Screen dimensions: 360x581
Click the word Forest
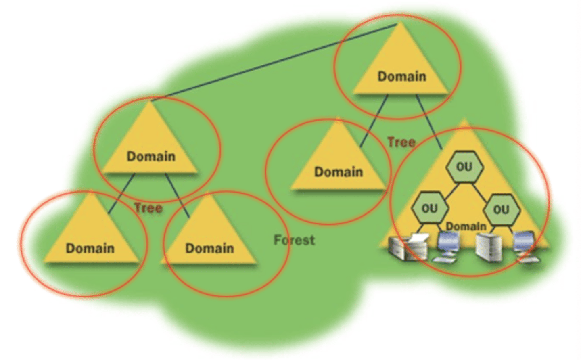pos(294,240)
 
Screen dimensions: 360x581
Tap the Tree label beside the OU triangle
pos(401,142)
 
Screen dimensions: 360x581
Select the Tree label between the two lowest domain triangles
pos(148,208)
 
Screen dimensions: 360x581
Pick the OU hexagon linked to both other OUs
pos(464,167)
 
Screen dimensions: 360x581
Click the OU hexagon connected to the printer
pos(429,209)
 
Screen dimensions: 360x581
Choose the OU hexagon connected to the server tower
pos(501,209)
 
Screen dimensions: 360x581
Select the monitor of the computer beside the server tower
pos(524,242)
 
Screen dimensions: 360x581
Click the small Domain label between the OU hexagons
pos(466,226)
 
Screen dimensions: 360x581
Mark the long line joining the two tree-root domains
pos(274,61)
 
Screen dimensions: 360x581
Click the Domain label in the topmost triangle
pos(401,76)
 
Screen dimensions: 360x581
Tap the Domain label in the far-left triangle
pos(90,248)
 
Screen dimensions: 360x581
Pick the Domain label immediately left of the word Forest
pos(209,248)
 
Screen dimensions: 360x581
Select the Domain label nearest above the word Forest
pos(339,172)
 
